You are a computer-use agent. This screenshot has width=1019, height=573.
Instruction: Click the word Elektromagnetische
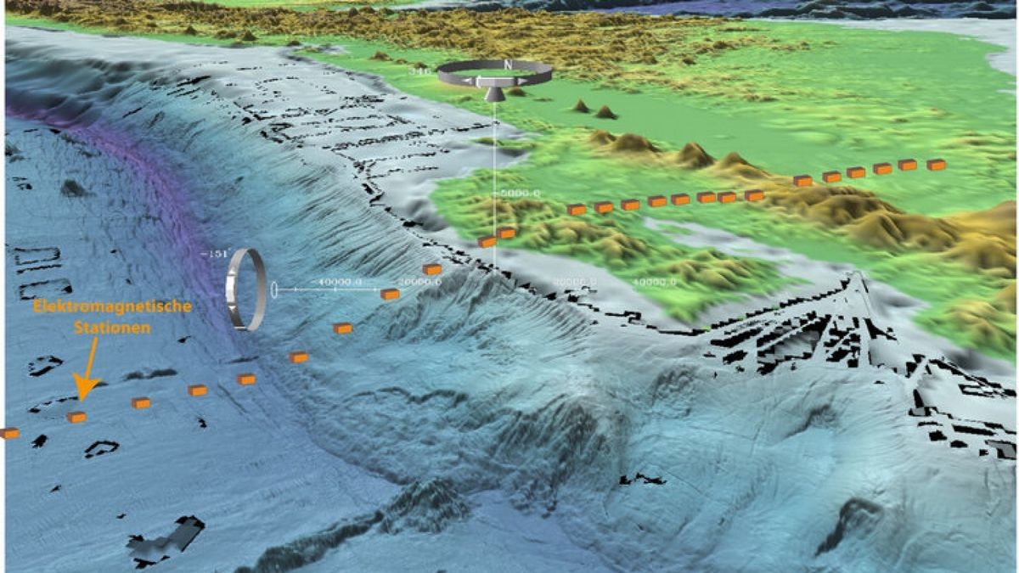tap(113, 306)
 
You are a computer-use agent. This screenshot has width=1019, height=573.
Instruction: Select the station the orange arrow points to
tap(76, 417)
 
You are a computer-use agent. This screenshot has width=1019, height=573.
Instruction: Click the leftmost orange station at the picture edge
tap(8, 433)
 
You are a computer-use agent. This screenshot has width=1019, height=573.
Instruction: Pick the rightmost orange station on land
tap(936, 165)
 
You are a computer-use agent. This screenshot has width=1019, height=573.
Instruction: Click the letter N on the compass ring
tap(507, 65)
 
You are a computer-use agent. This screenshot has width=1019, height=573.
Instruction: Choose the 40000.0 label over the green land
tap(654, 281)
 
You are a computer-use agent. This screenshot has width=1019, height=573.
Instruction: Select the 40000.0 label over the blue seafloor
tap(340, 281)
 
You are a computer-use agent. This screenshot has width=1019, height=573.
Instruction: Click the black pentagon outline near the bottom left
tap(101, 448)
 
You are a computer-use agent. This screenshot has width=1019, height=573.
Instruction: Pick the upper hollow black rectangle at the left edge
tap(36, 256)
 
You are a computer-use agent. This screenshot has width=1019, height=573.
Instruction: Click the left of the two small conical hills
tap(581, 106)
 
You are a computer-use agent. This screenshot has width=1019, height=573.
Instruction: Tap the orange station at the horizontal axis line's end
tap(390, 294)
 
